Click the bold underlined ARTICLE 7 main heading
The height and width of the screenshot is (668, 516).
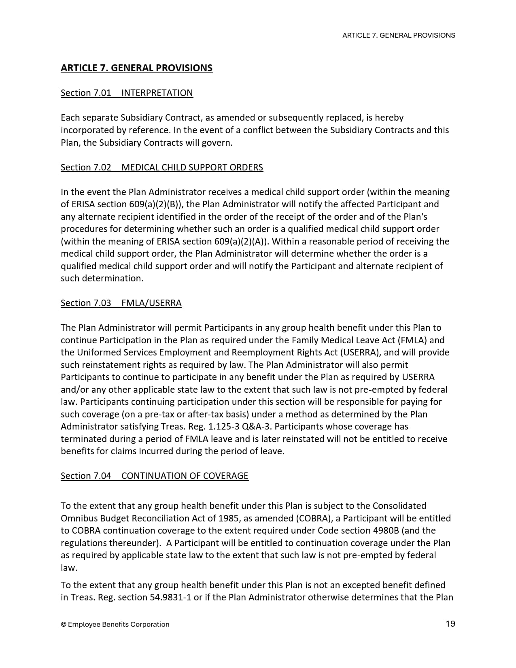(136, 68)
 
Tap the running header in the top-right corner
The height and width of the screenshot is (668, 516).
(399, 35)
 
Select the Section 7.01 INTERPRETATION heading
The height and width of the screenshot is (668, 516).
(127, 93)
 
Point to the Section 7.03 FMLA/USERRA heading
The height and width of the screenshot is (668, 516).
(121, 303)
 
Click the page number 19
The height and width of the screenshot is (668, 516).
(450, 624)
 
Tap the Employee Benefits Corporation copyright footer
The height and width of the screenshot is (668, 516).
(115, 624)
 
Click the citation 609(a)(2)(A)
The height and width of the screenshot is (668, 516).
(240, 242)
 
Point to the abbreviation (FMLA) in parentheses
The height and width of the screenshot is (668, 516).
(413, 340)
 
